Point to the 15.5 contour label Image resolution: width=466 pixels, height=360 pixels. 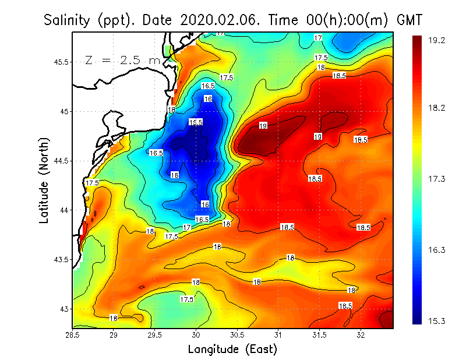[x=196, y=122]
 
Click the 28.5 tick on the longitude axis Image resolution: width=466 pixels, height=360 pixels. [x=73, y=335]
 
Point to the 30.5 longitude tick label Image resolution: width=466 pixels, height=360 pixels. [x=237, y=335]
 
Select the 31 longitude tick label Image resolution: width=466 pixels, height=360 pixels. [x=278, y=335]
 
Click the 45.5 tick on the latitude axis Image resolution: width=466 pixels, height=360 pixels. [x=61, y=62]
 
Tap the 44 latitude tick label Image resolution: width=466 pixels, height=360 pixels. [x=64, y=210]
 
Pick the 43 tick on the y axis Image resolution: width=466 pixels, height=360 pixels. [x=64, y=309]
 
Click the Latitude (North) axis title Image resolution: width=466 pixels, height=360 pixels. [x=44, y=180]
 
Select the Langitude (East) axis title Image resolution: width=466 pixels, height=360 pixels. [x=232, y=350]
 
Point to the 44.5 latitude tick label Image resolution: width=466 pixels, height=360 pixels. [x=61, y=161]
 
